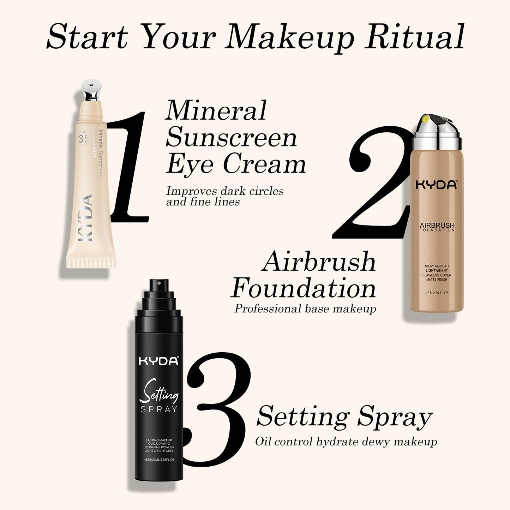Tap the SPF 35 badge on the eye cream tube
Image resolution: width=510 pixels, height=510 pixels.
84,138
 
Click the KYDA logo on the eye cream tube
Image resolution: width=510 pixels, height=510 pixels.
85,217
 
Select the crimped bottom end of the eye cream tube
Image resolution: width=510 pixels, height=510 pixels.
91,263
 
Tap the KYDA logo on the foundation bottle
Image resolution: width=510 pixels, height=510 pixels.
436,185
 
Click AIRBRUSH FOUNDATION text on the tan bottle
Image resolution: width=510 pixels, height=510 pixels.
437,227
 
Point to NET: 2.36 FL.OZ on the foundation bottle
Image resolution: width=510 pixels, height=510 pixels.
437,293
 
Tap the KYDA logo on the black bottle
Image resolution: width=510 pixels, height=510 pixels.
159,361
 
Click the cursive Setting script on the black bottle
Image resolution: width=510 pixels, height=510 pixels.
159,392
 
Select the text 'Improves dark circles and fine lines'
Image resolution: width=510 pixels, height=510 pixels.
224,196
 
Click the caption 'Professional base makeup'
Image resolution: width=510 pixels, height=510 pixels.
305,309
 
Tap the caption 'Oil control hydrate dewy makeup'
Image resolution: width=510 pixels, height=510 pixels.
346,442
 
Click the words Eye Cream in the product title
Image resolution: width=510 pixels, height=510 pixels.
236,164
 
